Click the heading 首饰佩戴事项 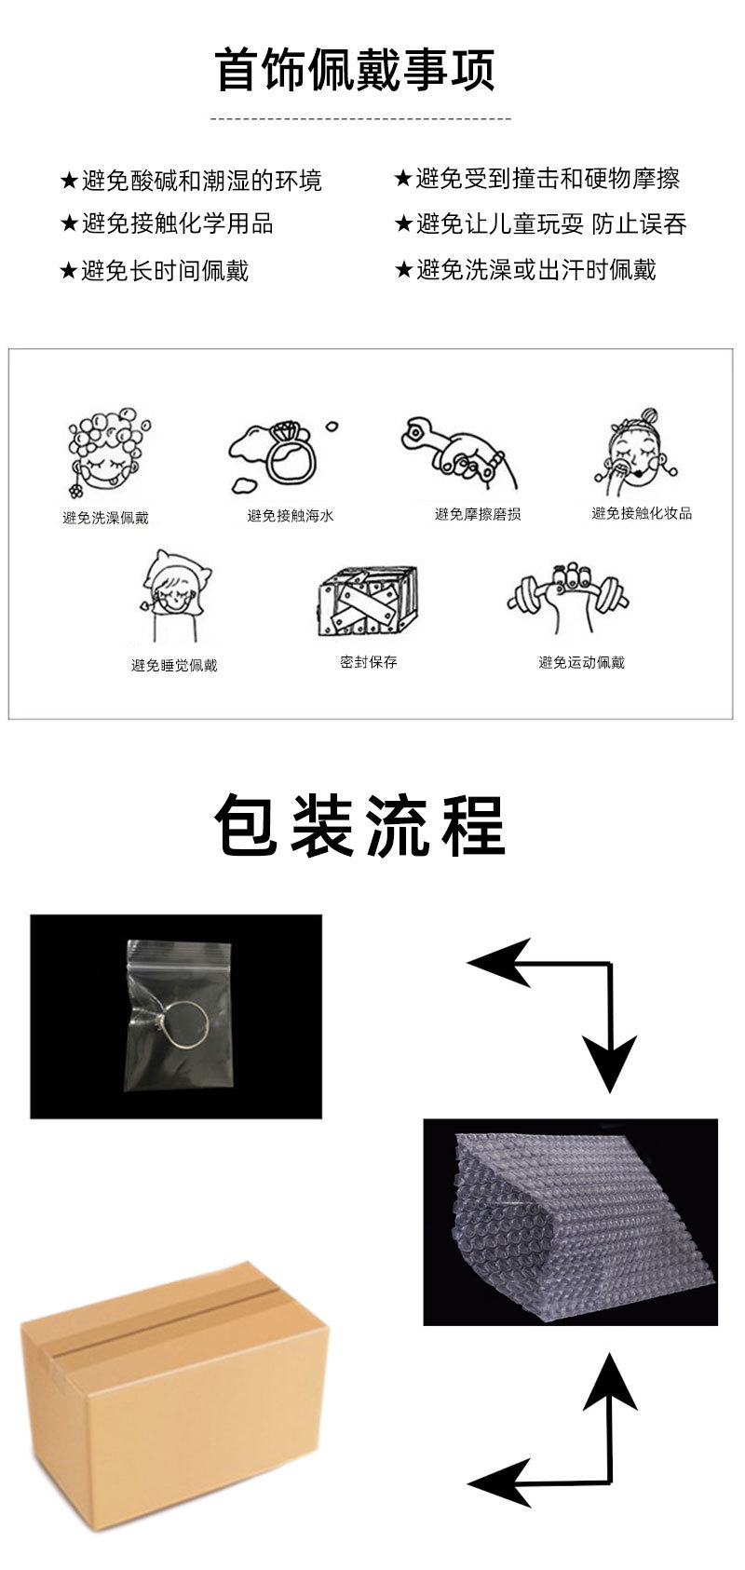pyautogui.click(x=356, y=70)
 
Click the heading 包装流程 pyautogui.click(x=359, y=826)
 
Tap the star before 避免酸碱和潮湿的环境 pyautogui.click(x=69, y=181)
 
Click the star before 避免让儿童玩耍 pyautogui.click(x=402, y=224)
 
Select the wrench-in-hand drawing pyautogui.click(x=458, y=452)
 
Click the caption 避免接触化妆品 pyautogui.click(x=642, y=513)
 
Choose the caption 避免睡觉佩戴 pyautogui.click(x=174, y=665)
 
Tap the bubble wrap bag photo pyautogui.click(x=571, y=1223)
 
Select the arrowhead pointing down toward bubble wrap pyautogui.click(x=611, y=1062)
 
